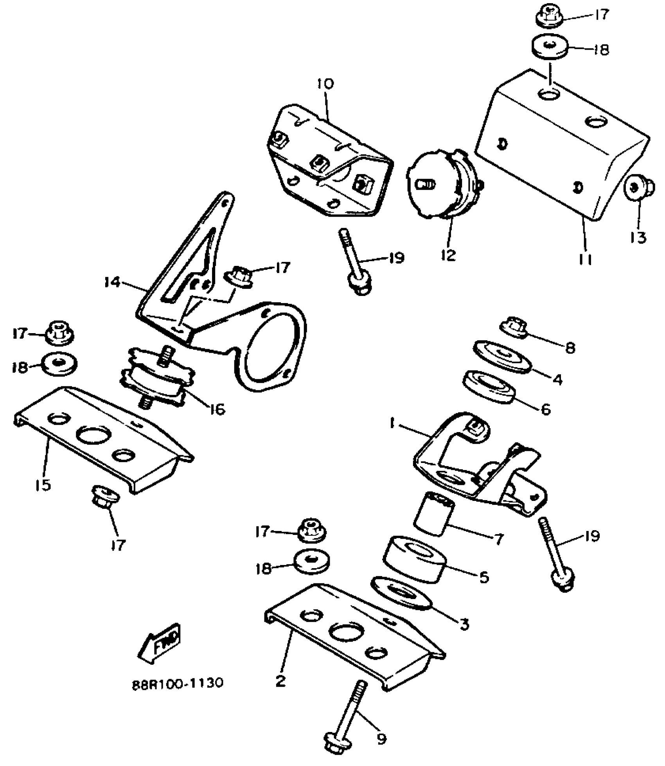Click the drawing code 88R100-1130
(177, 683)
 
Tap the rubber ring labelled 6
(489, 386)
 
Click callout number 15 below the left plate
(43, 485)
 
